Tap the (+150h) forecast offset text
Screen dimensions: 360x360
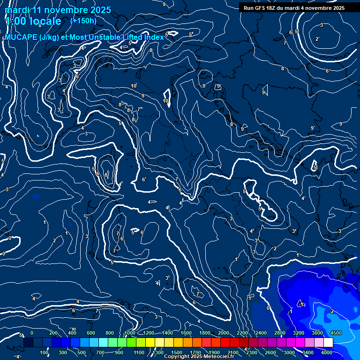point(83,21)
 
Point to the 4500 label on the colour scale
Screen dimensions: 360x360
point(336,333)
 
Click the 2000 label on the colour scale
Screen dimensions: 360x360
point(224,333)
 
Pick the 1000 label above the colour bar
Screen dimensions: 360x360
point(130,333)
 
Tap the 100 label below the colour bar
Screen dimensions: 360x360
point(45,352)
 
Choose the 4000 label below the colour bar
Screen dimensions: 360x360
point(327,352)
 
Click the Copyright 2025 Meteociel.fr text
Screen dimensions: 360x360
point(199,357)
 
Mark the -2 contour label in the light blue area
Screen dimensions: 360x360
point(331,311)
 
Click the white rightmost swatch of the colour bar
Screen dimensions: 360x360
point(328,343)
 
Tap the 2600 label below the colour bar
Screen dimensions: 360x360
point(270,352)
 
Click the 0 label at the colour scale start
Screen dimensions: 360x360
point(32,333)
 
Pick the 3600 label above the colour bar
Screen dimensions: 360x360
point(317,333)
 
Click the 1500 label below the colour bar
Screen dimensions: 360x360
point(177,352)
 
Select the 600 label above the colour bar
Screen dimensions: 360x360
point(91,333)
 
